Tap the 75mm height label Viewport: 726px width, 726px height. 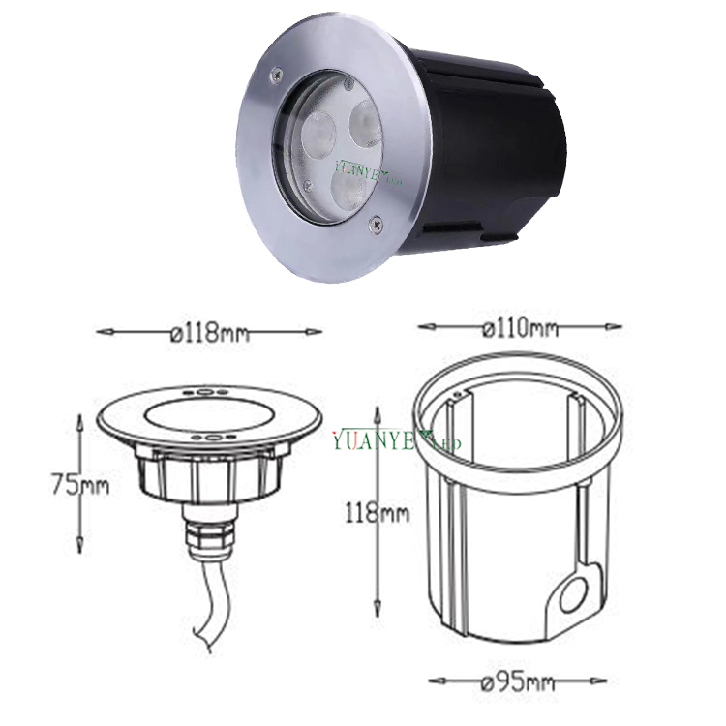coord(80,484)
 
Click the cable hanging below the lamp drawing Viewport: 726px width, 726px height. coord(208,600)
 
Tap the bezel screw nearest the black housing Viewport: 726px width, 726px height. coord(377,225)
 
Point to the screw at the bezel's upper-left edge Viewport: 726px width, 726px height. coord(277,73)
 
